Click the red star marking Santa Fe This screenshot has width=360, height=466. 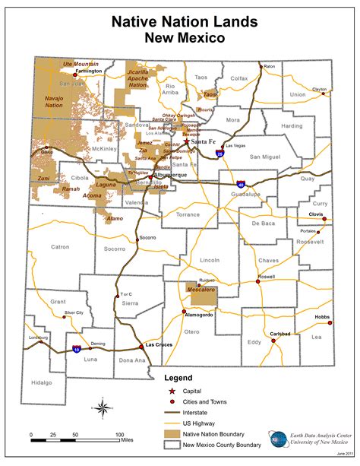tap(187, 141)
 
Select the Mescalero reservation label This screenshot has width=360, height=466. tap(201, 289)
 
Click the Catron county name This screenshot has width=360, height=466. tap(61, 246)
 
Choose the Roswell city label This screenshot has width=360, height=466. tap(266, 277)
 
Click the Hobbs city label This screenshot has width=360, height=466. tap(323, 316)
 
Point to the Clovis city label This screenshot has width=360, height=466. tap(317, 214)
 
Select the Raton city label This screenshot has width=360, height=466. tap(269, 66)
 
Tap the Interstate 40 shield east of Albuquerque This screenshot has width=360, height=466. tap(241, 184)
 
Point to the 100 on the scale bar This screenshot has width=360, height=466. tap(119, 435)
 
